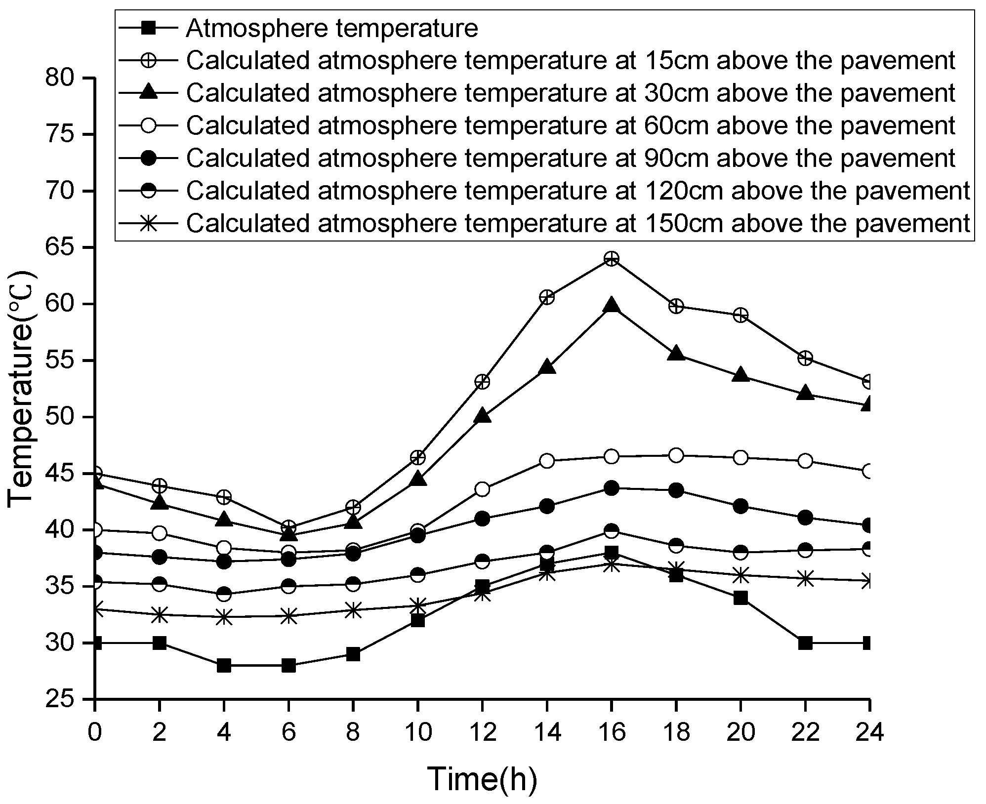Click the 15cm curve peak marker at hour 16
[x=612, y=259]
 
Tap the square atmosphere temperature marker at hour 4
[x=224, y=665]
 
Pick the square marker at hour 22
[x=805, y=643]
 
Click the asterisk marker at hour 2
[x=159, y=615]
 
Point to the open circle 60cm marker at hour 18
[x=676, y=455]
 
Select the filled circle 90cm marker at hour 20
[x=740, y=506]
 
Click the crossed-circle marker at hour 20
[x=740, y=315]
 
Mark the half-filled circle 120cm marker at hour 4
[x=224, y=594]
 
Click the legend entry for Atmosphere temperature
[x=331, y=29]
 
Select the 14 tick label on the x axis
[x=547, y=732]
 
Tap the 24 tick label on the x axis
[x=869, y=732]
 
